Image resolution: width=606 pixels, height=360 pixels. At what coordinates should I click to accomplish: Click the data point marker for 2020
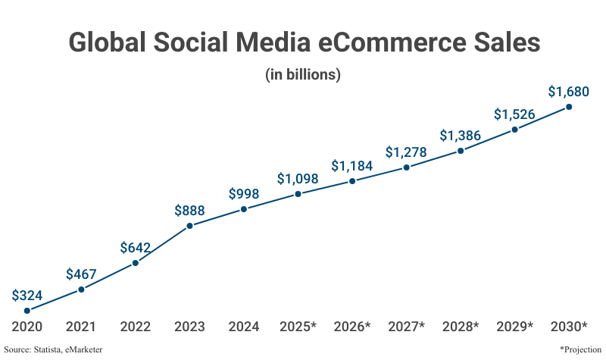click(x=27, y=310)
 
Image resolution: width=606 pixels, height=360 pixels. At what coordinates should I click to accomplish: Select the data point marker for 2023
click(x=189, y=225)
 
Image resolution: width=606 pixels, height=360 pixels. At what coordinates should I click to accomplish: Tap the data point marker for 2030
click(x=569, y=107)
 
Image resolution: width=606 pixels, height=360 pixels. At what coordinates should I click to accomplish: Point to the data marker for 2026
click(x=352, y=181)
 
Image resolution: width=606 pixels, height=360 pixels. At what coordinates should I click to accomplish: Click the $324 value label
click(x=27, y=295)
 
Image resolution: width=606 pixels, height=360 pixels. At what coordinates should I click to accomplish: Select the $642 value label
click(x=136, y=248)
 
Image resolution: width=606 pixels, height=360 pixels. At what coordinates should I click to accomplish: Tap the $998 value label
click(x=244, y=194)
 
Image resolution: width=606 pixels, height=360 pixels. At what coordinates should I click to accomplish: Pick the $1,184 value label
click(x=352, y=166)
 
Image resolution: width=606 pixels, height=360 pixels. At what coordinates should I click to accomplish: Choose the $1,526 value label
click(x=514, y=114)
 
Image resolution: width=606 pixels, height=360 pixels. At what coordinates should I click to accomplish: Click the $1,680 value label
click(x=569, y=92)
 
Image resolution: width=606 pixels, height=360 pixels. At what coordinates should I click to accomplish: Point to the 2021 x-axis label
click(x=81, y=327)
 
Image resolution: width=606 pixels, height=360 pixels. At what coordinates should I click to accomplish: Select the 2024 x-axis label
click(x=244, y=327)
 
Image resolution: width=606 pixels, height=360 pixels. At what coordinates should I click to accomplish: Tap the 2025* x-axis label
click(x=298, y=327)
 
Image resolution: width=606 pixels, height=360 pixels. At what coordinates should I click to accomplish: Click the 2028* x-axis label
click(x=461, y=327)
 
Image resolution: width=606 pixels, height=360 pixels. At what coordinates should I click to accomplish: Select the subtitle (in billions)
click(x=303, y=75)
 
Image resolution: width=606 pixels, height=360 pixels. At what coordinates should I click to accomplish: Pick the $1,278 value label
click(x=406, y=152)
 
